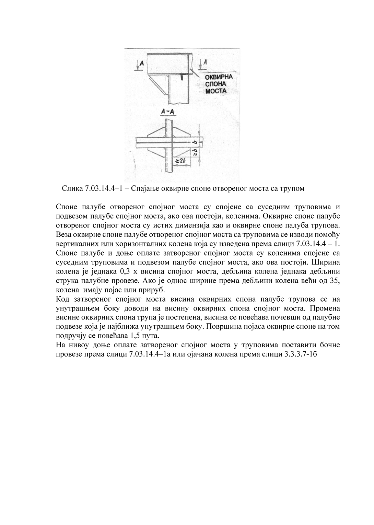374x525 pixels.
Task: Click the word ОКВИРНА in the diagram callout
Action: coord(219,77)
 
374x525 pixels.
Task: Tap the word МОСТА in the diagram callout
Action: coord(216,91)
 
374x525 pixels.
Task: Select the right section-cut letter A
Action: coord(205,62)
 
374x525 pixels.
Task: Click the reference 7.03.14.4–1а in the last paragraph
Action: coord(149,354)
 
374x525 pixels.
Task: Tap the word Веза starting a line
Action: coord(63,235)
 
